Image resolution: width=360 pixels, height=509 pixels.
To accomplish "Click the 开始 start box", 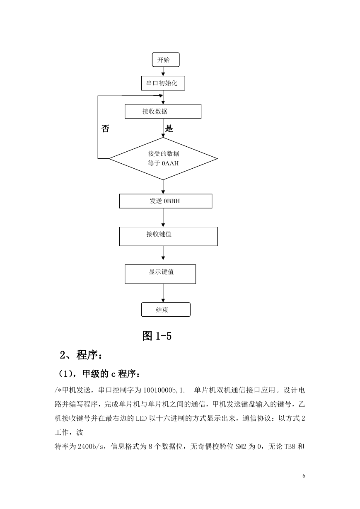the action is click(x=166, y=60).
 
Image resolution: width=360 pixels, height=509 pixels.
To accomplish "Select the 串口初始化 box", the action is click(x=163, y=83).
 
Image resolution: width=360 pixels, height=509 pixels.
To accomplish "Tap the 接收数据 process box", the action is click(x=163, y=111).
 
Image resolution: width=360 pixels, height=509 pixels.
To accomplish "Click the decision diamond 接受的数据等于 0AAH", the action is click(x=163, y=159).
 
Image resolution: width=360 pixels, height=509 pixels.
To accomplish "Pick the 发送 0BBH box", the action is click(x=166, y=201).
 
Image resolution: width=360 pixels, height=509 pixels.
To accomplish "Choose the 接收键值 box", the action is click(x=168, y=236).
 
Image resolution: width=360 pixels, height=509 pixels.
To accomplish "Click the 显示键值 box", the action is click(x=160, y=274).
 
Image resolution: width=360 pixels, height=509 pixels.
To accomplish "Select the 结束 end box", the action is click(x=166, y=310).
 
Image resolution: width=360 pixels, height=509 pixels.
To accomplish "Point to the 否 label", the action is click(x=105, y=128).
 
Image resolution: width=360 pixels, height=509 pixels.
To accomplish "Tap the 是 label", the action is click(x=169, y=128).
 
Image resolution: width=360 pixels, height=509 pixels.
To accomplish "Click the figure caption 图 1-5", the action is click(x=157, y=336).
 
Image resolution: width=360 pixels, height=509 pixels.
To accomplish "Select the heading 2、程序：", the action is click(x=81, y=355).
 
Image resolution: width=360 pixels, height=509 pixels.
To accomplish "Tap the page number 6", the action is click(x=304, y=476).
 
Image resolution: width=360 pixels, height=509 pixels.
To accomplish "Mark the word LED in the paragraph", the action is click(x=141, y=418).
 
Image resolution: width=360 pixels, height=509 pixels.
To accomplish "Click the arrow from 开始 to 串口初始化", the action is click(x=163, y=71).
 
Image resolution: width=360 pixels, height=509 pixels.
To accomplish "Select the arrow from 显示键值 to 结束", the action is click(x=163, y=293).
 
